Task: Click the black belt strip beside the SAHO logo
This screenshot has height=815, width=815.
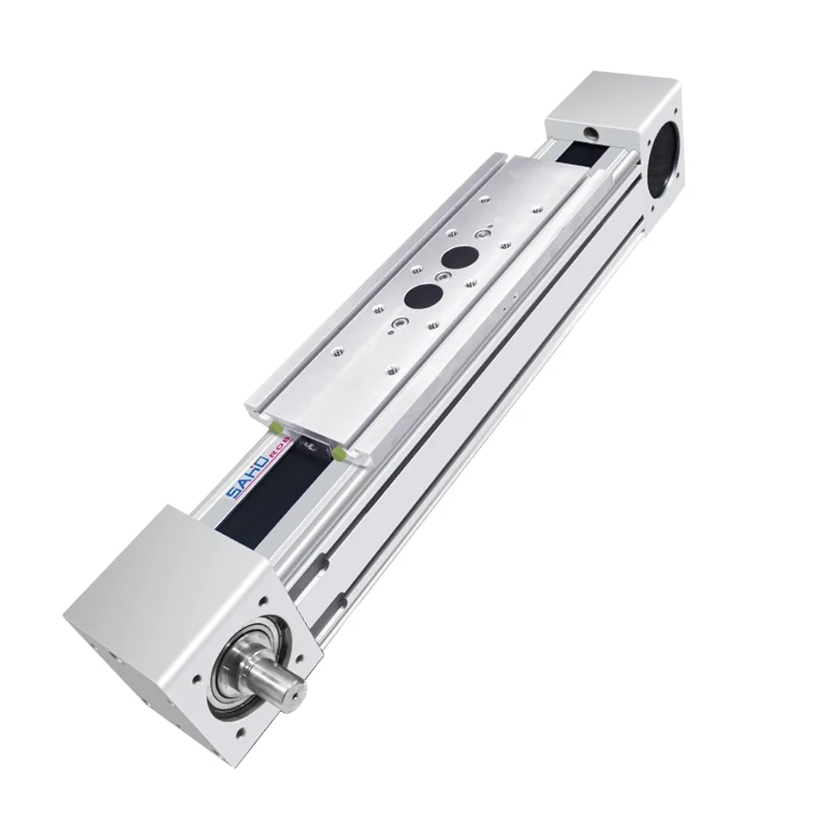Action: [255, 492]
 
